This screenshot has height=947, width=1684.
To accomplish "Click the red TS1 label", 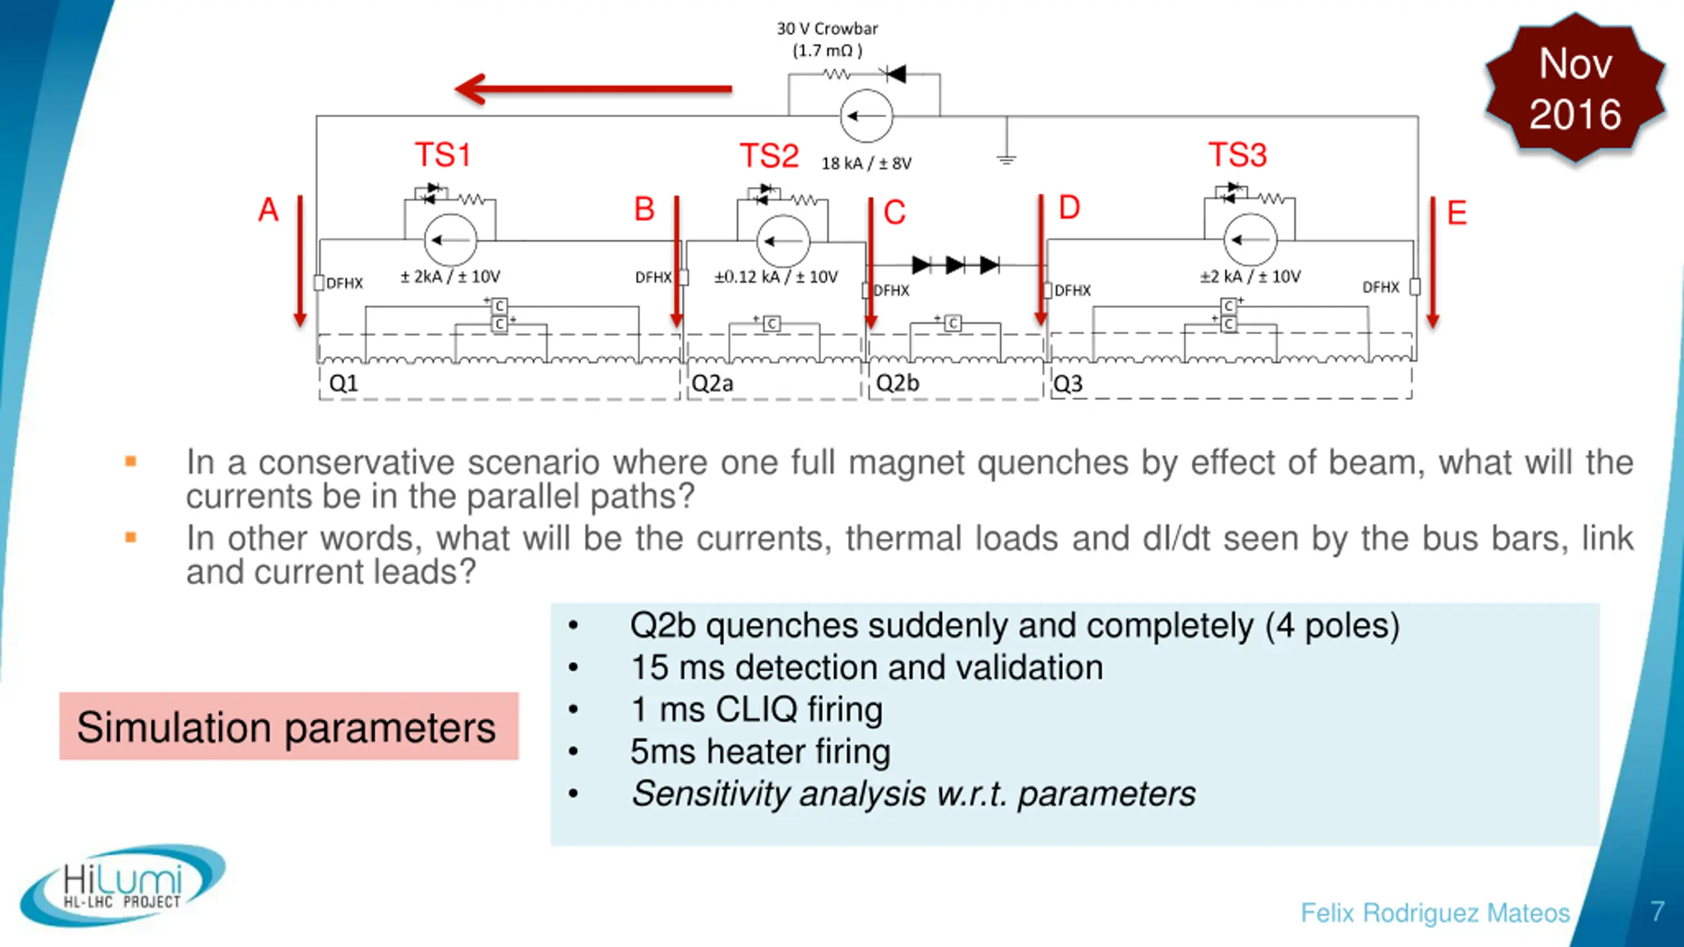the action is [x=443, y=155].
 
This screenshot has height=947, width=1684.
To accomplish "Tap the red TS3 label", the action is [x=1237, y=155].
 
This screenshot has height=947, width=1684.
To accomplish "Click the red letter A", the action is [x=268, y=210].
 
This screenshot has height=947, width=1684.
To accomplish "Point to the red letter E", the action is [x=1457, y=213].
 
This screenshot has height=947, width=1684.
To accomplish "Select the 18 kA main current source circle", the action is [x=866, y=116].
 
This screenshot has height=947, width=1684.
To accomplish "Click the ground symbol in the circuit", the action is [x=1006, y=159].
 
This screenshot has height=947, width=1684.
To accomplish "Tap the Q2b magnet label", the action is [x=897, y=383].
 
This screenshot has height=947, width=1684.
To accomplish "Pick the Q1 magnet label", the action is [x=343, y=383].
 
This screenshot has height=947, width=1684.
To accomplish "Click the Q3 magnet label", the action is [x=1068, y=383].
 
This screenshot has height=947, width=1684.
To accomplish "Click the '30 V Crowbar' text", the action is [x=827, y=29].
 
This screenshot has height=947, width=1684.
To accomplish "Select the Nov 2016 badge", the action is [x=1575, y=89].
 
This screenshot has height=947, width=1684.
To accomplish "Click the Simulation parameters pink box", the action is [x=289, y=726].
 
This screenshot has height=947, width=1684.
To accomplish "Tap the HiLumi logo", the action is [x=123, y=885].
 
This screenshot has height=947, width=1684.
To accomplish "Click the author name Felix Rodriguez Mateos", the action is [x=1435, y=913].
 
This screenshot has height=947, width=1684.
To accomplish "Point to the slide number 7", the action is [x=1658, y=911].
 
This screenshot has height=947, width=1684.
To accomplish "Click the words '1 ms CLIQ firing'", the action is [x=756, y=710].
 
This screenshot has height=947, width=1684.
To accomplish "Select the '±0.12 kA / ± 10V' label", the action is [x=776, y=277].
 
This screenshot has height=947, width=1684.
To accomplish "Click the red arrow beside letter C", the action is [x=871, y=263].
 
